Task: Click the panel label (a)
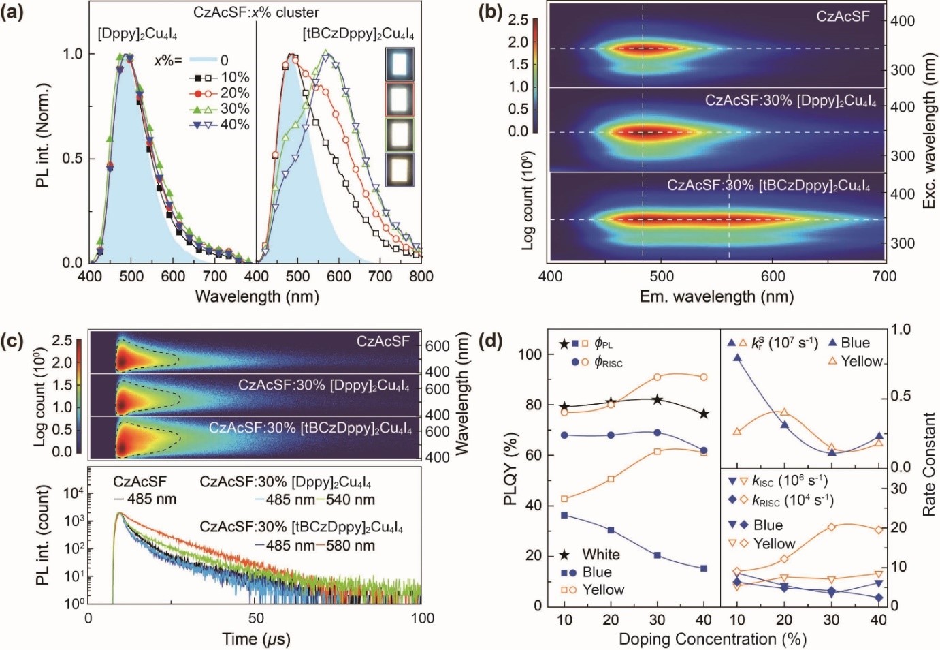coord(14,13)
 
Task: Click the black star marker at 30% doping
coord(658,399)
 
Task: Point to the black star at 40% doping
coord(704,414)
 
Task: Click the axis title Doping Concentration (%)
coord(712,639)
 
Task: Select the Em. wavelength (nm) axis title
coord(716,296)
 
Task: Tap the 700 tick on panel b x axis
coord(884,276)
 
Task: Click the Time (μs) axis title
coord(256,639)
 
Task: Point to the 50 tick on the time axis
coord(256,618)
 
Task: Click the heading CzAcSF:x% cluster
coord(256,13)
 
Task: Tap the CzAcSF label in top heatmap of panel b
coord(843,16)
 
